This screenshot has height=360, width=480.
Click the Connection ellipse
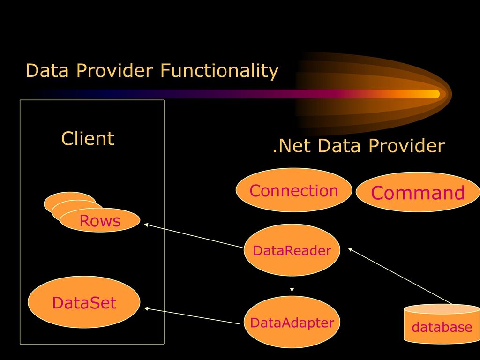point(294,190)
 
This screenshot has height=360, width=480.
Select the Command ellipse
point(418,192)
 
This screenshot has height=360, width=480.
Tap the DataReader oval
point(292,250)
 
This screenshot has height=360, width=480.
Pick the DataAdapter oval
point(292,322)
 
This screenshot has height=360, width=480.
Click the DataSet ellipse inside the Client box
point(84,302)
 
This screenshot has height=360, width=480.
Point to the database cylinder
point(442,324)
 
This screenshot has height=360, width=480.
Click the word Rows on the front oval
point(100,221)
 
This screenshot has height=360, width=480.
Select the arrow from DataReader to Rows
point(194,236)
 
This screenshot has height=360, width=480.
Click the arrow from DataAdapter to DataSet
point(192,315)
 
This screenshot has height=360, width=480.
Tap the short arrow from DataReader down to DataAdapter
point(292,284)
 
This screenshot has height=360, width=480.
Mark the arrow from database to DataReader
point(400,276)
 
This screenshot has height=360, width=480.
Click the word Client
point(88,138)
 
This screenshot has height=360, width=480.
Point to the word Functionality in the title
point(219,71)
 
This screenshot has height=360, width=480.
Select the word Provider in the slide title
point(114,70)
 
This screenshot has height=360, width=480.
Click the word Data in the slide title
point(47,70)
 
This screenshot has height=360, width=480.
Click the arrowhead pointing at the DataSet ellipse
point(146,308)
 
